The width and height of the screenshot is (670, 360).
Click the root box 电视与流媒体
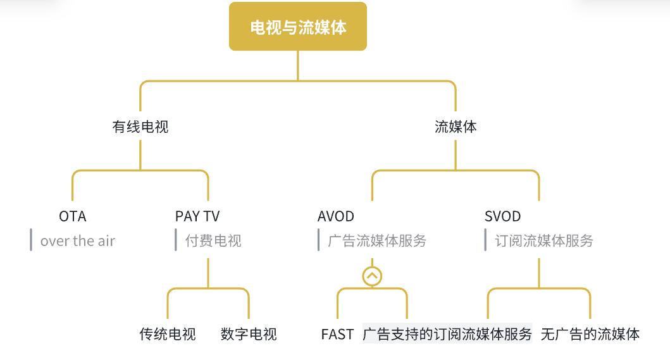(298, 27)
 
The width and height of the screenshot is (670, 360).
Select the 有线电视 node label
(140, 127)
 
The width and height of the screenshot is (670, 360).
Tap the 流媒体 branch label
(456, 127)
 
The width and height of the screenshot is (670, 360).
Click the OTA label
(73, 216)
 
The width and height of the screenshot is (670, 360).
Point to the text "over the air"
(78, 241)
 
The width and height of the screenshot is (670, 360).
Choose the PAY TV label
(197, 216)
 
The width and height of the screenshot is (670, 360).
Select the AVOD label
(336, 216)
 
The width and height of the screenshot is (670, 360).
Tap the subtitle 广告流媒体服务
(377, 241)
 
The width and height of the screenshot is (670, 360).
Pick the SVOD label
(502, 216)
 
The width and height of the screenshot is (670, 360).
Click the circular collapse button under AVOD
(372, 276)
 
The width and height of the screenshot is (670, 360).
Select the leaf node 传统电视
(168, 334)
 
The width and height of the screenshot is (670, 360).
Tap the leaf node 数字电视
(249, 334)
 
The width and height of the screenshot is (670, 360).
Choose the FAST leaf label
(337, 334)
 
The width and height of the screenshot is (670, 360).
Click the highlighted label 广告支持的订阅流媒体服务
(447, 334)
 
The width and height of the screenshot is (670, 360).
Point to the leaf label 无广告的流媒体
(590, 334)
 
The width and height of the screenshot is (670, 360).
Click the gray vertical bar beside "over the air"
(31, 240)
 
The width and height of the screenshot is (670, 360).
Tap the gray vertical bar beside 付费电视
(176, 240)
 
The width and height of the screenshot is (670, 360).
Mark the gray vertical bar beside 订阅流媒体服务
(485, 240)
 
